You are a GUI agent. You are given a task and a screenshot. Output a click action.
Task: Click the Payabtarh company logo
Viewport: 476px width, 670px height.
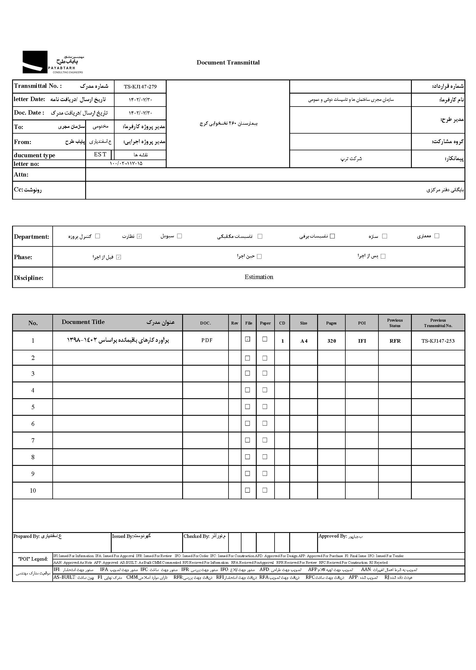point(53,62)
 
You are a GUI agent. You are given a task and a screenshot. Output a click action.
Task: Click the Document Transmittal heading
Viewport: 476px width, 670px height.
point(228,62)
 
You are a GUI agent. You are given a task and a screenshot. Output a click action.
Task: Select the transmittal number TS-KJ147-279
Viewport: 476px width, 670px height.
point(140,87)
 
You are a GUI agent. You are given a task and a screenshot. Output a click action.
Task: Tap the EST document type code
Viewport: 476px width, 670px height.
point(100,155)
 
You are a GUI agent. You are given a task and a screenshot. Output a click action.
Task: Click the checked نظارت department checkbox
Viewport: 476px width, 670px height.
point(140,236)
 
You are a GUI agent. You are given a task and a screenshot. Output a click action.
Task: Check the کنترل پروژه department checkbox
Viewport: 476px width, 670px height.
point(98,236)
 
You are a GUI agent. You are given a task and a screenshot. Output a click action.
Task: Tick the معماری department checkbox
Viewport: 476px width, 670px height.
point(437,236)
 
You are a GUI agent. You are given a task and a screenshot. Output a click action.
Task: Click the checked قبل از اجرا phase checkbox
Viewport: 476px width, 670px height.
point(119,257)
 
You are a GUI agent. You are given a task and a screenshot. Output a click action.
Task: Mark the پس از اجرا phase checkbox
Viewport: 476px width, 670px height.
point(383,256)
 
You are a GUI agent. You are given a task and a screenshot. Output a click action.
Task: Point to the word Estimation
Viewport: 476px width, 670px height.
point(259,277)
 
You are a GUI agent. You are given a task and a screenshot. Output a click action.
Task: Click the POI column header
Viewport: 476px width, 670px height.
point(362,323)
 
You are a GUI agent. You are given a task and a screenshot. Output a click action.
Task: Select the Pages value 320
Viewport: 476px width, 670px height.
point(332,341)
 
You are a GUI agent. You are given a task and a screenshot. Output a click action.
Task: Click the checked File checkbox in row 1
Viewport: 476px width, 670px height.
point(248,339)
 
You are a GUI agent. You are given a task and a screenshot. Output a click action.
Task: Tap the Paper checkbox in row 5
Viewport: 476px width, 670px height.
point(265,407)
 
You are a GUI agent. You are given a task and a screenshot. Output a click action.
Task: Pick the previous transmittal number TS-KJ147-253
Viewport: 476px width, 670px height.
point(438,341)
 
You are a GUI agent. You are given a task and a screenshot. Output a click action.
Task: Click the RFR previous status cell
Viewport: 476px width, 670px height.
point(395,341)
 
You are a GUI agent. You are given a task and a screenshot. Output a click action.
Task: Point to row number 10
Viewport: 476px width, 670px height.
point(33,491)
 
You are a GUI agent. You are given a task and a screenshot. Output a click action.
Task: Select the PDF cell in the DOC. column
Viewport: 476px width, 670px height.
point(207,340)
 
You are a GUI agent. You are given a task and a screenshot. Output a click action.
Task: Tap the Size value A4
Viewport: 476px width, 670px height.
point(304,341)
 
